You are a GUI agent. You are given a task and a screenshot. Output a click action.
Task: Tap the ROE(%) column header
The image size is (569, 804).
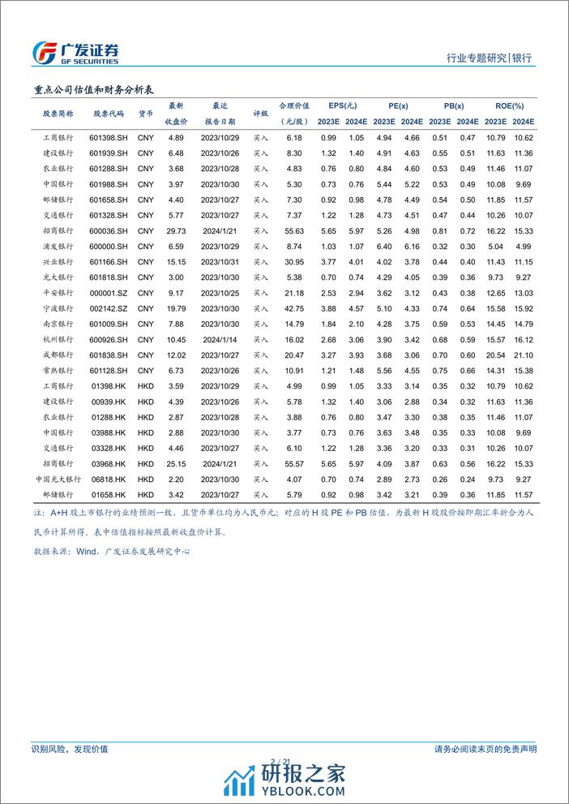(510, 106)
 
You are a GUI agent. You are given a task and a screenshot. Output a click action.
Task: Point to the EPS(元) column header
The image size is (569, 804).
(342, 106)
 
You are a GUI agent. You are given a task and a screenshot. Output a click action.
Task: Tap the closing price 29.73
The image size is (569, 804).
(176, 230)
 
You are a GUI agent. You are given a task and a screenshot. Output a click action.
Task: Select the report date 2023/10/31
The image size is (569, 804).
(220, 261)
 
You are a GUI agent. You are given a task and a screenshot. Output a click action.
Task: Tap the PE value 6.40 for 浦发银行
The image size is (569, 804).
(384, 246)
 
